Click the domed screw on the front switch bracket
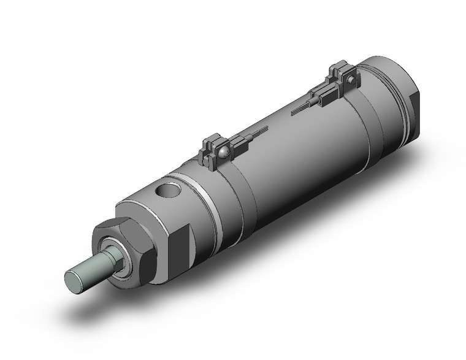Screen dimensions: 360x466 pos(224,149)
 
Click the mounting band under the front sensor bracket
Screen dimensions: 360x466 pos(230,190)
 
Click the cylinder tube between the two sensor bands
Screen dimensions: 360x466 pos(294,159)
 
